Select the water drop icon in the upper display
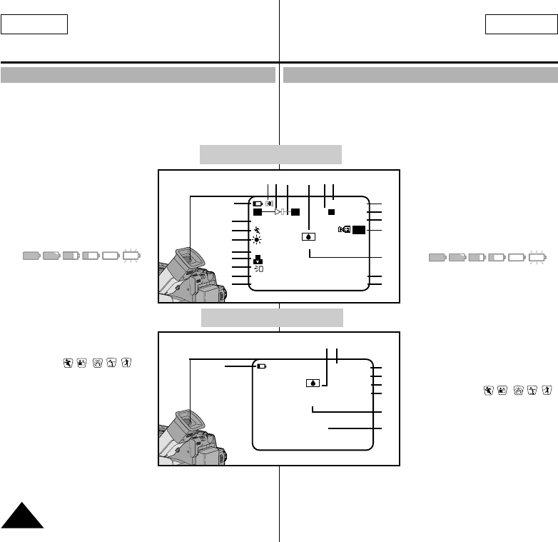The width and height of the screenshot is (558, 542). [308, 236]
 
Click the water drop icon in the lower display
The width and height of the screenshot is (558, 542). [313, 383]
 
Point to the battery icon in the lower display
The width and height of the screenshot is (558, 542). [263, 367]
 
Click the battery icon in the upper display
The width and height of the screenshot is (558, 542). [257, 203]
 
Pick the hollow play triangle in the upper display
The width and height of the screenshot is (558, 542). [278, 212]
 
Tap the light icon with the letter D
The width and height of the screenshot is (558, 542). [258, 270]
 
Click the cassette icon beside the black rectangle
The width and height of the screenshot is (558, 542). [345, 230]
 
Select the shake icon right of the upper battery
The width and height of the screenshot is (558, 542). [269, 203]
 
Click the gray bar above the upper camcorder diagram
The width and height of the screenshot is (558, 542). [270, 155]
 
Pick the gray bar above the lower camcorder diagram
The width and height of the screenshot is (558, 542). [272, 317]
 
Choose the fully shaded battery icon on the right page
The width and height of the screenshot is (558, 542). [437, 258]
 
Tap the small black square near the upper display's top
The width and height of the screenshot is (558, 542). [330, 211]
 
